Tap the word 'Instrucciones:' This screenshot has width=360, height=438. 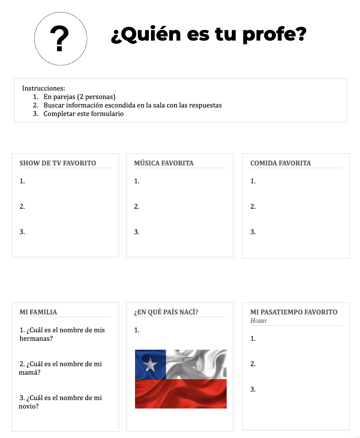click(x=44, y=88)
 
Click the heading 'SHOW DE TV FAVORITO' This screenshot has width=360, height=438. click(x=57, y=163)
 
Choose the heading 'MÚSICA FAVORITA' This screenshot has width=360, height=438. click(x=164, y=163)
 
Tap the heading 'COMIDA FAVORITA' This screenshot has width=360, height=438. click(x=281, y=163)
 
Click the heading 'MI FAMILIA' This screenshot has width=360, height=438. click(x=38, y=312)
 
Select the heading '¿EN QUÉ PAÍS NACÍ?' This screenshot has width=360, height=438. click(x=166, y=312)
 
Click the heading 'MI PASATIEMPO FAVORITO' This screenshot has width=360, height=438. click(x=294, y=312)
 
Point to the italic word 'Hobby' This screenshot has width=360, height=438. click(x=258, y=321)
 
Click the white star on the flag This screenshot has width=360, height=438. click(x=151, y=365)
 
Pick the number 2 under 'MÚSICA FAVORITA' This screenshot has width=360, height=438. click(x=136, y=207)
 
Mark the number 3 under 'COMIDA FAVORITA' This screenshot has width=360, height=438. click(x=253, y=232)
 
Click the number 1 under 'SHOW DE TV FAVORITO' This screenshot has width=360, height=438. click(x=22, y=181)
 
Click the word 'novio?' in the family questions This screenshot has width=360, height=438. click(x=29, y=406)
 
